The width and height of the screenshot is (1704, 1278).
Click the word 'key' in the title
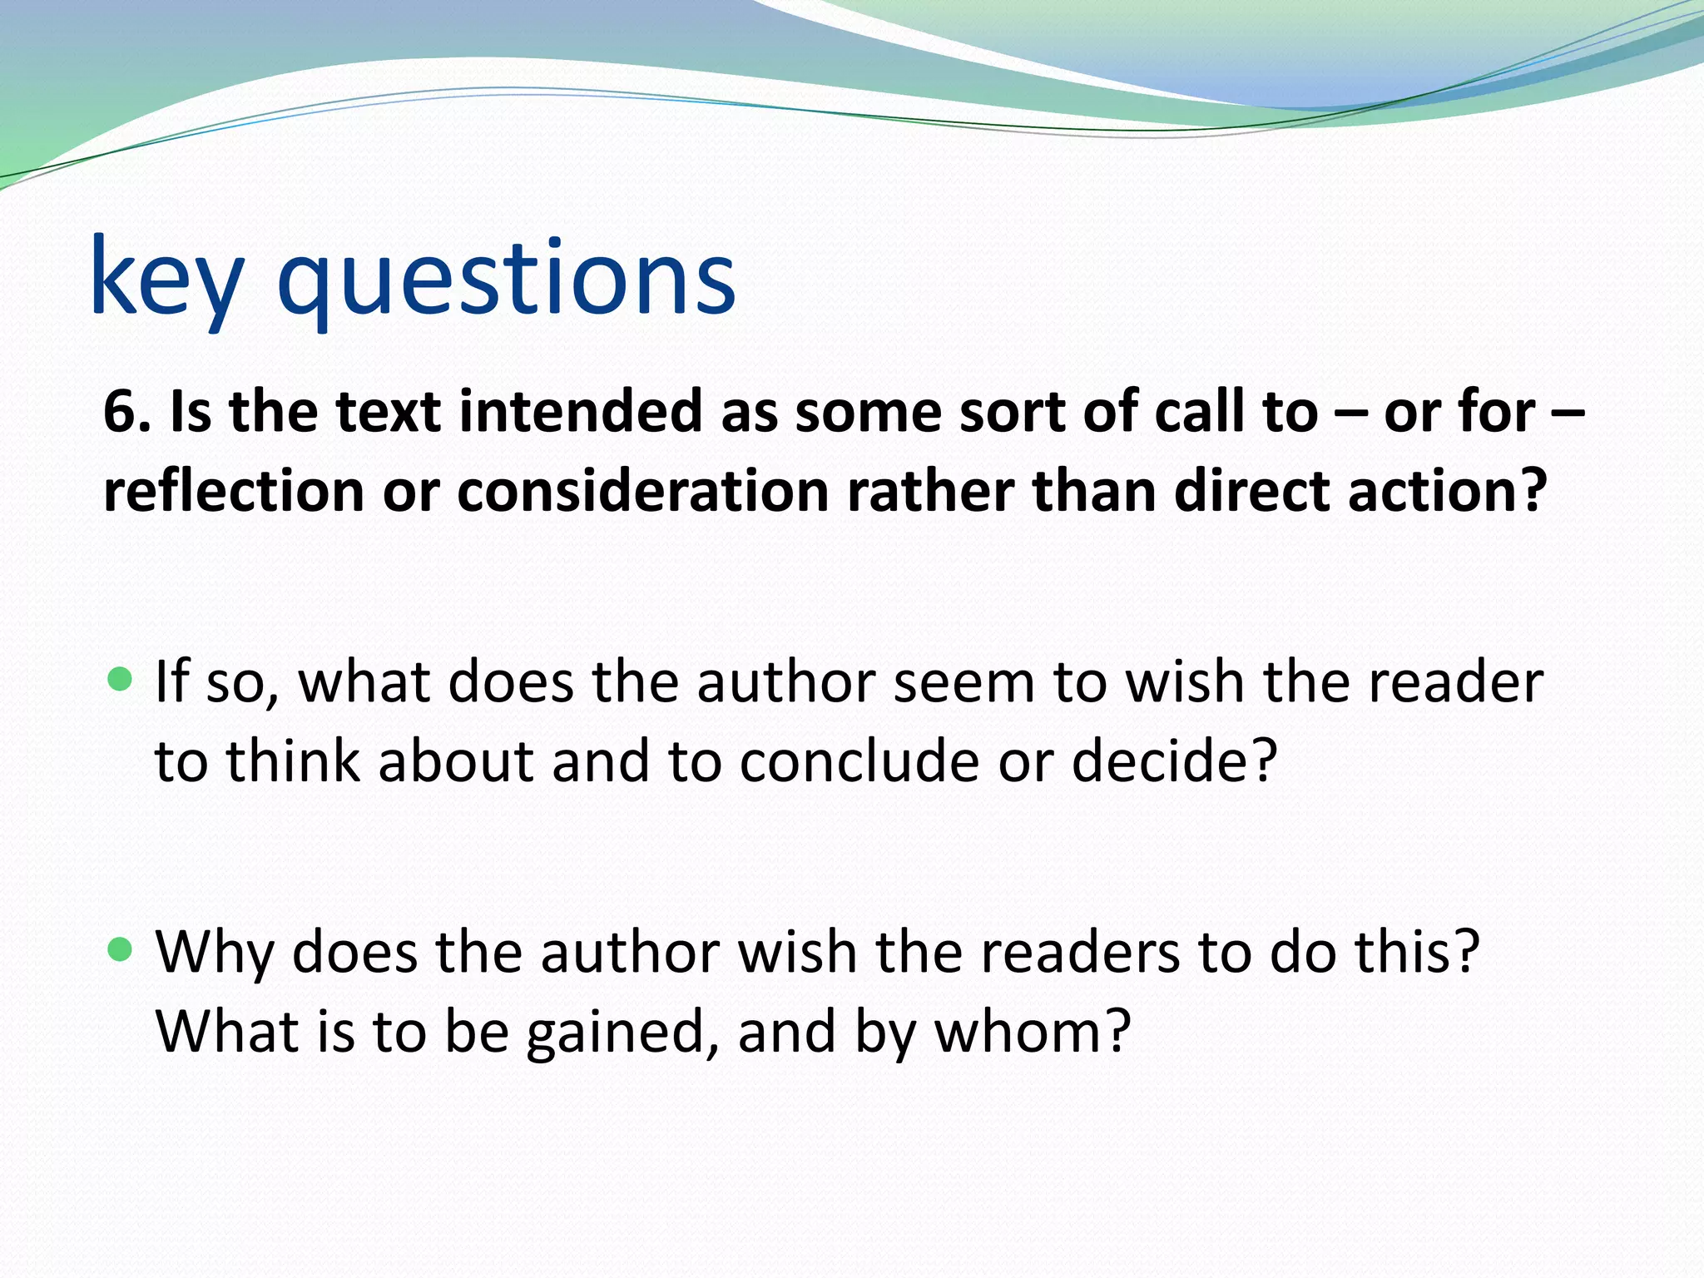tap(166, 279)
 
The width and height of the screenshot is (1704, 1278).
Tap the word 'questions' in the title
tap(506, 279)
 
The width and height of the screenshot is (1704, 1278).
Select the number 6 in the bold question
tap(120, 413)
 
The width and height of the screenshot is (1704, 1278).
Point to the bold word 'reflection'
tap(234, 491)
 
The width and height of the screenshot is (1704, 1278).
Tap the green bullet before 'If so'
tap(121, 680)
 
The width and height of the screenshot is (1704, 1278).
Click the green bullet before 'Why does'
tap(121, 949)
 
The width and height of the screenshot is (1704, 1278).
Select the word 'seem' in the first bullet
tap(964, 682)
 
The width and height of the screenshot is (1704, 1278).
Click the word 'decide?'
tap(1174, 760)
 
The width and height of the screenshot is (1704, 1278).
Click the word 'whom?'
tap(1033, 1032)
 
